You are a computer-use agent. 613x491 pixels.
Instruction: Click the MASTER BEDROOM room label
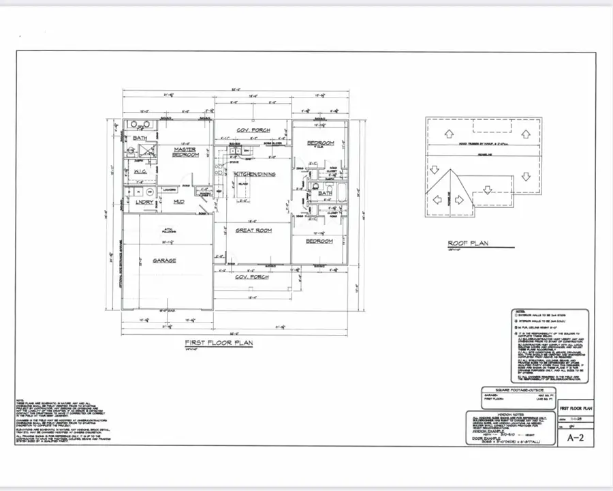pos(185,152)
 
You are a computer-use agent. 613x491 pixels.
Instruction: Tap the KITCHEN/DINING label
pos(255,175)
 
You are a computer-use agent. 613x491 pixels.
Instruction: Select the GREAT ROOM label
pos(254,230)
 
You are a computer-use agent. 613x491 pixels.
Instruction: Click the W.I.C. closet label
pos(142,172)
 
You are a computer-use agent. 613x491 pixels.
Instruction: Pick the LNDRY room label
pos(144,202)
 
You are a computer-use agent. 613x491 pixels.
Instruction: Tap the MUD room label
pos(178,202)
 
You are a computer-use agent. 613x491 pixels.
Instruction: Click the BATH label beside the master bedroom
pos(140,138)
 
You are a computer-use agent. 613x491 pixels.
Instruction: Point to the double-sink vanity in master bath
pos(139,126)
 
